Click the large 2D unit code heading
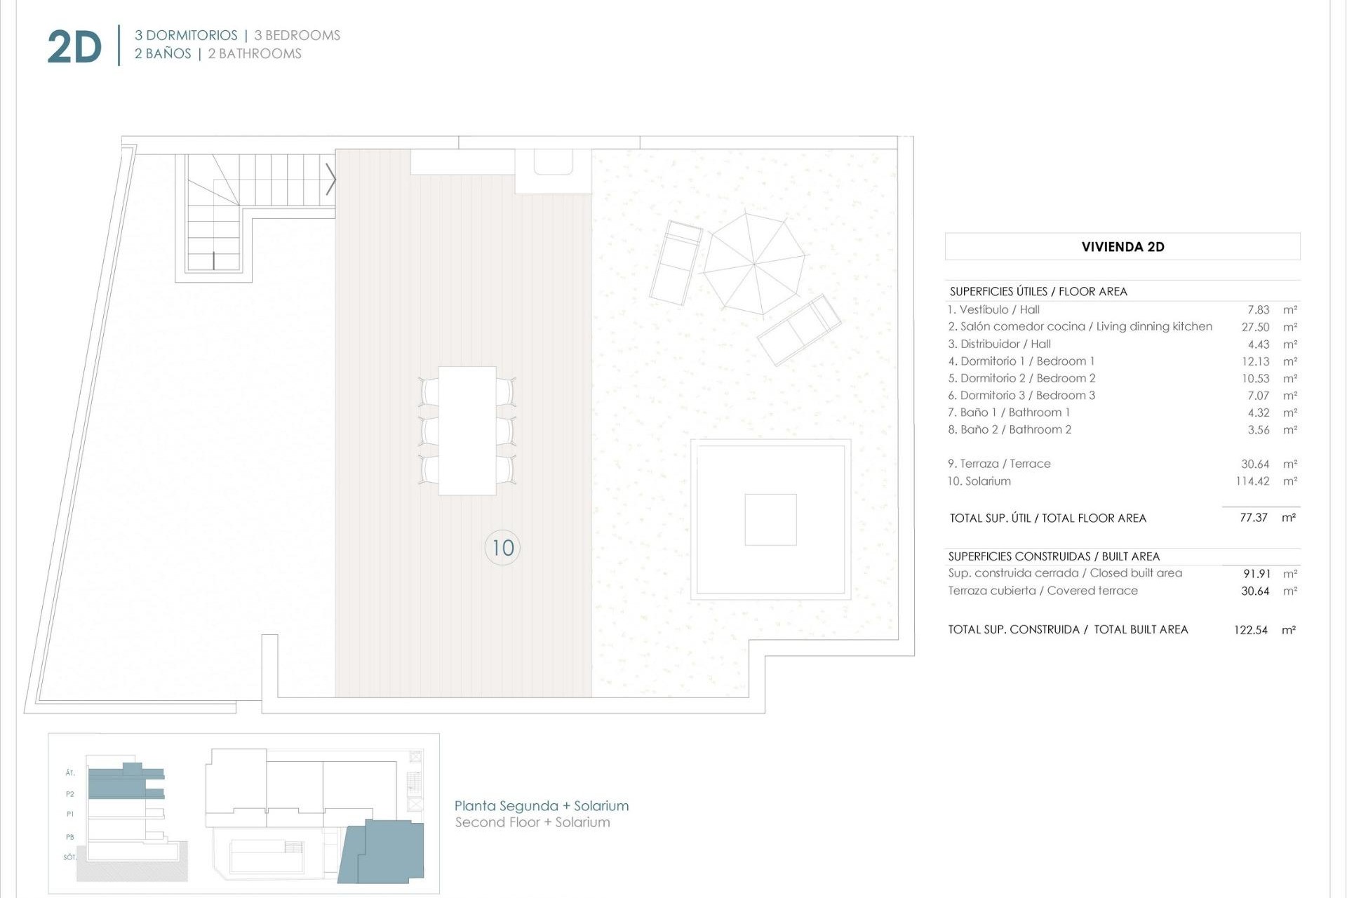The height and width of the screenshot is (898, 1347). (74, 48)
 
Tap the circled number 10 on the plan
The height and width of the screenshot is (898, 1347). (502, 548)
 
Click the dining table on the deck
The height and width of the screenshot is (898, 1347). (467, 431)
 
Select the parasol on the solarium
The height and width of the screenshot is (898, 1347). (754, 264)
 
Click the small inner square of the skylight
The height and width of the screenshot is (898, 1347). (770, 519)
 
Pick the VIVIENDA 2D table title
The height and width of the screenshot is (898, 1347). (1122, 247)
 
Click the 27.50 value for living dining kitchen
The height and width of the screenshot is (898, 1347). (1255, 327)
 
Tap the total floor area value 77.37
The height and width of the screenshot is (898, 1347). (1253, 518)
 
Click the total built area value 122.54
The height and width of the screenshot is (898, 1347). (1250, 630)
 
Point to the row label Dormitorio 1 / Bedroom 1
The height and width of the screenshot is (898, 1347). (1021, 361)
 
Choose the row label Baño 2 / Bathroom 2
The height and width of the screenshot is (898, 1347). (1010, 429)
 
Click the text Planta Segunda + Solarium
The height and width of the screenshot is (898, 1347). (541, 806)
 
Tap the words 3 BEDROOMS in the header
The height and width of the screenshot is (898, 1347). (297, 35)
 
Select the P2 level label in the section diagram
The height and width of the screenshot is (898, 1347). (70, 794)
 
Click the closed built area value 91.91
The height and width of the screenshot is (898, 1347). (1256, 574)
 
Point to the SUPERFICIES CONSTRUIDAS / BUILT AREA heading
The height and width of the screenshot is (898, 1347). (1054, 556)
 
